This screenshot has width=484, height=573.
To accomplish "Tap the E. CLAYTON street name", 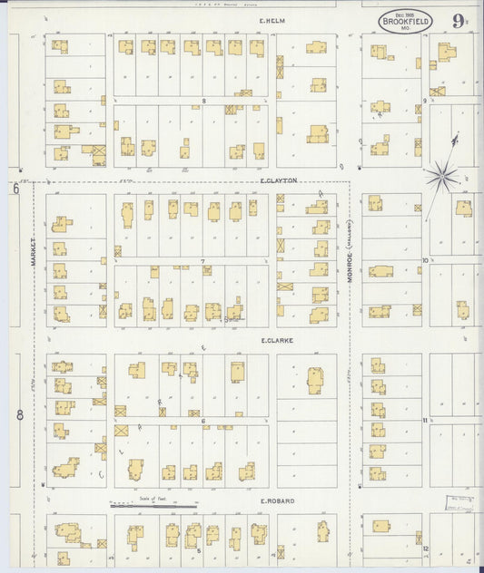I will click(279, 180).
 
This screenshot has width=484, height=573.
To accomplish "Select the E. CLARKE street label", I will click(275, 340).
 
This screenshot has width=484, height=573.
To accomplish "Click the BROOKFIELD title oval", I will click(400, 20).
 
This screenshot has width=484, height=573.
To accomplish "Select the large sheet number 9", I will click(455, 18).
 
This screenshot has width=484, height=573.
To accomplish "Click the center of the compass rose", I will click(442, 171).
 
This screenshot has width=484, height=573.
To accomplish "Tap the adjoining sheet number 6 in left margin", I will click(15, 189).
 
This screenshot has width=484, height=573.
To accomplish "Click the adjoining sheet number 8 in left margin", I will click(18, 416).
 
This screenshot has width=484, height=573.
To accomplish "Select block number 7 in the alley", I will click(203, 261).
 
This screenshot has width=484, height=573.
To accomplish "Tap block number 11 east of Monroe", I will click(424, 422).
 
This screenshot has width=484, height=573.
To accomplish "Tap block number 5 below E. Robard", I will click(199, 550).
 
